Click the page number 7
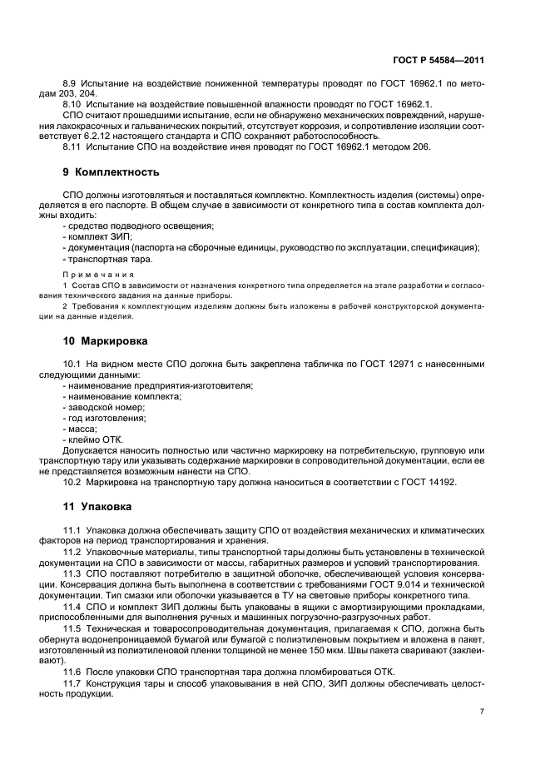483,712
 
